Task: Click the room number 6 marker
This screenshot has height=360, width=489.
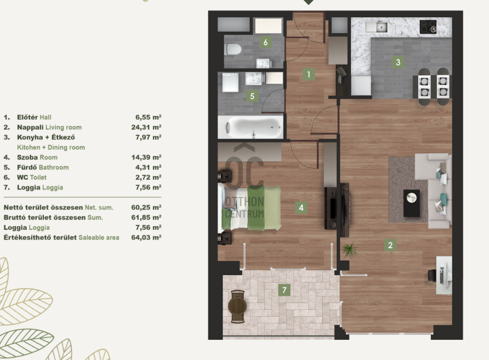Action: (265, 42)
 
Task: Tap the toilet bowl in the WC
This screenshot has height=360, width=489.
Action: (233, 50)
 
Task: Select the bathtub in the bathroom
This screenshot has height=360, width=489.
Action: (251, 127)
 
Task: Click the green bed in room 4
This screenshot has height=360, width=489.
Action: (249, 208)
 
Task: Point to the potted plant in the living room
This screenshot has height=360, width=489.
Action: (350, 249)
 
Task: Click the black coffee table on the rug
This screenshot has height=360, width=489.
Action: (411, 203)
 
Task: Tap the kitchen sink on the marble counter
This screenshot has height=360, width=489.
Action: (377, 26)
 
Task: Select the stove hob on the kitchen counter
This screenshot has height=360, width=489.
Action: (428, 27)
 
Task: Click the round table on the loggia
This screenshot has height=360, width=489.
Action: (237, 306)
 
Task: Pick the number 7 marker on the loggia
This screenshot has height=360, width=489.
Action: (284, 290)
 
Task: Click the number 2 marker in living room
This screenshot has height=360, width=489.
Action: (390, 245)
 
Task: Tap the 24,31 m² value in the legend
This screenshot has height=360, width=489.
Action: (146, 127)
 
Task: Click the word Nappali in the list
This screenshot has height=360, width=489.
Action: (30, 127)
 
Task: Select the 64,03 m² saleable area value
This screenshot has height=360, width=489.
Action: (146, 237)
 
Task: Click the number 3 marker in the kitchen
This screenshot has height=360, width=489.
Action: (398, 62)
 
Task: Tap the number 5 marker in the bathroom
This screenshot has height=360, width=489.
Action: (252, 96)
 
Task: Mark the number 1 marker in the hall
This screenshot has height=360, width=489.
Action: (309, 75)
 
